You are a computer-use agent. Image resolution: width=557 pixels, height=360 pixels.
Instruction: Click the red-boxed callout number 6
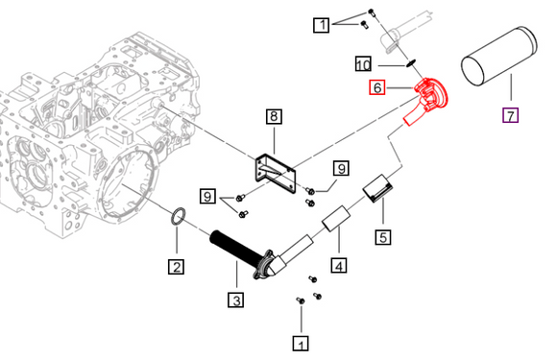click(x=377, y=87)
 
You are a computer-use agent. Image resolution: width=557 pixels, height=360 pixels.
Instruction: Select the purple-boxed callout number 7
click(x=511, y=115)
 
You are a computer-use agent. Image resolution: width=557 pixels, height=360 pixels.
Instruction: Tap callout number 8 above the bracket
click(x=274, y=116)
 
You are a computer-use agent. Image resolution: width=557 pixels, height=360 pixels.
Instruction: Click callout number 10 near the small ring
click(x=363, y=64)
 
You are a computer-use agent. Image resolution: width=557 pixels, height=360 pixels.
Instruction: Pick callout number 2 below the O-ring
click(x=177, y=267)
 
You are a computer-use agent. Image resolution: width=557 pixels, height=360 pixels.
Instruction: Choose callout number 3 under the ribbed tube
click(x=236, y=300)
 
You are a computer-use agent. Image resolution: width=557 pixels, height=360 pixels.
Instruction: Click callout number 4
click(x=339, y=265)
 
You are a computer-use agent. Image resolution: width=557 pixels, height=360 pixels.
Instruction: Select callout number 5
click(x=383, y=237)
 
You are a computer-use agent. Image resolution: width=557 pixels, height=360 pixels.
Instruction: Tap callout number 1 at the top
click(x=322, y=25)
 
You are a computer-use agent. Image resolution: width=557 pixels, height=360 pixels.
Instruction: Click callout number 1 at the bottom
click(x=301, y=344)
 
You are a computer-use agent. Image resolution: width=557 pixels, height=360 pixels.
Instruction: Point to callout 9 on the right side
click(x=341, y=168)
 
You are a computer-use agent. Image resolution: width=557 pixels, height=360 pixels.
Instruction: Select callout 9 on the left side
click(x=207, y=196)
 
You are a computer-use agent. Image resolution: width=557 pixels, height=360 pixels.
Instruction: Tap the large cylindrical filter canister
click(x=499, y=56)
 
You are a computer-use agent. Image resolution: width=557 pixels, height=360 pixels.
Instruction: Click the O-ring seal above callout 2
click(x=179, y=216)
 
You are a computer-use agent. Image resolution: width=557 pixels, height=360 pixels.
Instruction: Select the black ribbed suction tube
click(x=237, y=249)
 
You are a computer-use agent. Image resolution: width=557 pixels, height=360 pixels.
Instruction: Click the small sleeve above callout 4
click(x=336, y=218)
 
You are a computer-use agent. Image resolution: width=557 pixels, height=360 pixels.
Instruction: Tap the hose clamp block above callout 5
click(x=376, y=188)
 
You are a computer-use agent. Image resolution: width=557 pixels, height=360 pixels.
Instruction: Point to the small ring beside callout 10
click(x=411, y=64)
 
